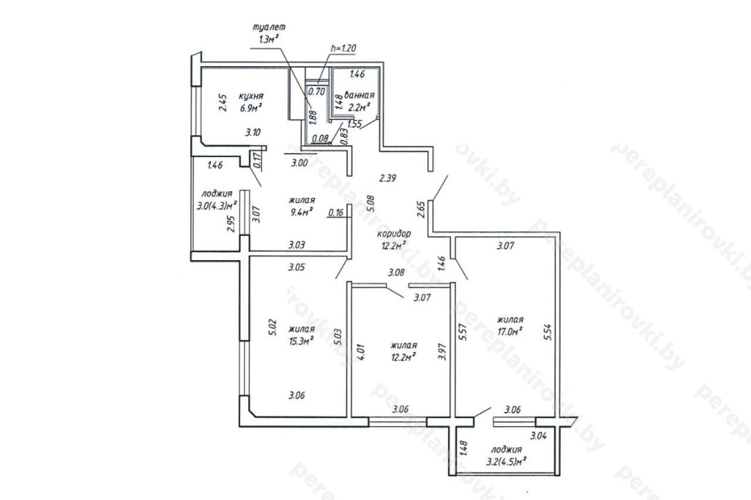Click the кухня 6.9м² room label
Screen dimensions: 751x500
click(251, 102)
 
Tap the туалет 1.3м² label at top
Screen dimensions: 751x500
click(269, 33)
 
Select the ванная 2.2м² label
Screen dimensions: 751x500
click(359, 101)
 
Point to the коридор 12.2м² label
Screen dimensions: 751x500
click(394, 240)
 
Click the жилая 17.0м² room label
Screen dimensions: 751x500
click(510, 325)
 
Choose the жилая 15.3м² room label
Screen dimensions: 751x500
click(302, 335)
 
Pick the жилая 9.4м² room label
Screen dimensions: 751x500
click(302, 206)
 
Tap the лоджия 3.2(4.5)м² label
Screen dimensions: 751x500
click(506, 456)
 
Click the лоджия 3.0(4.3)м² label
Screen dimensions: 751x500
click(217, 200)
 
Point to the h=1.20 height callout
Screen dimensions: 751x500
click(343, 48)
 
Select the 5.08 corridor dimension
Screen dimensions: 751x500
click(371, 203)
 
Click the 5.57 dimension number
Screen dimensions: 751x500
click(463, 332)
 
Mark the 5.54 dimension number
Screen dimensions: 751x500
click(547, 332)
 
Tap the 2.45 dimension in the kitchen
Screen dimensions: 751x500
click(223, 103)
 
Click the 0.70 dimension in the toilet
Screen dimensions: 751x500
click(316, 91)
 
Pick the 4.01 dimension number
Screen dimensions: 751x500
click(362, 352)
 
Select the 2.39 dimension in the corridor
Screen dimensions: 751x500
click(388, 178)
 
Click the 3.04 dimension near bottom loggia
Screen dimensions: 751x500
click(539, 436)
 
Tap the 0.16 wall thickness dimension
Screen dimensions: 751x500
click(336, 212)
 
